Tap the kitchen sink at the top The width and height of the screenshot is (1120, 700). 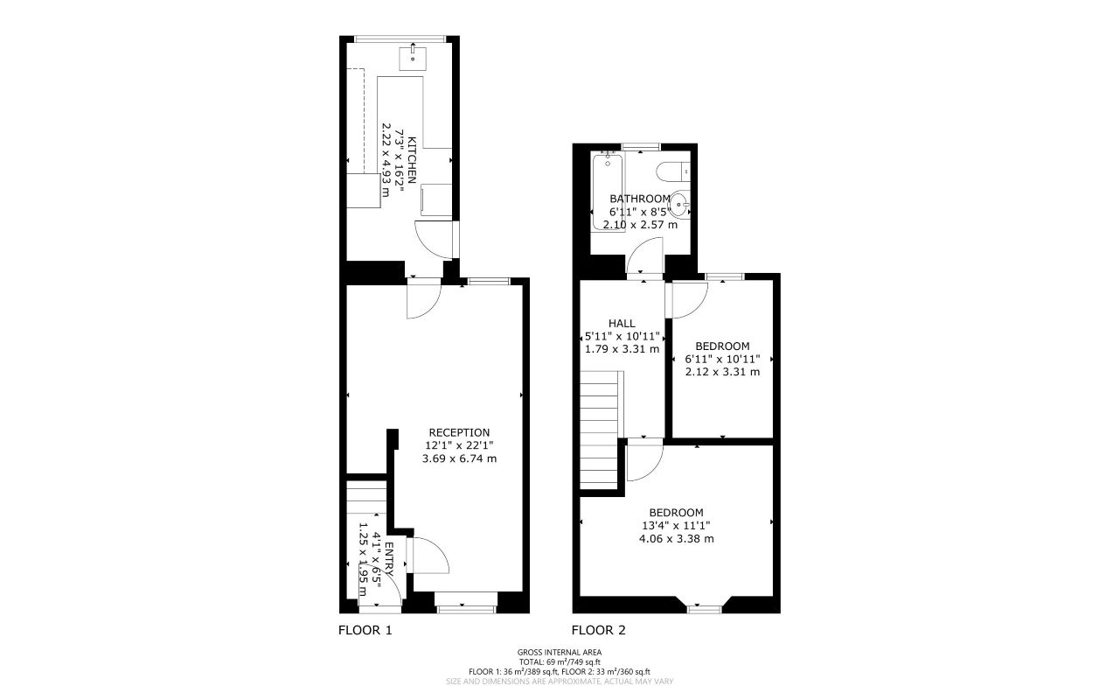[x=412, y=58]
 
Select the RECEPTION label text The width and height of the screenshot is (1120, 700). [x=459, y=432]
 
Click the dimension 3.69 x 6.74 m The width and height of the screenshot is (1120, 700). [x=459, y=458]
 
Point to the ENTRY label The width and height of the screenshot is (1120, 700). [x=390, y=560]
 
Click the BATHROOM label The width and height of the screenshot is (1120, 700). [x=640, y=199]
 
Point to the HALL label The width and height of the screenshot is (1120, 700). [x=622, y=323]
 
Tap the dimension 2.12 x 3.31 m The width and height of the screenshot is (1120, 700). [x=722, y=371]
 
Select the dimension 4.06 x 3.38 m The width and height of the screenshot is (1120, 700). [x=676, y=539]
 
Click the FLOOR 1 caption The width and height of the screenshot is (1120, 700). [x=365, y=630]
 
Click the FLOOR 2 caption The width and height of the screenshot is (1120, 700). [x=599, y=630]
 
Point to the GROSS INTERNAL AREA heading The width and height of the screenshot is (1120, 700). [x=560, y=652]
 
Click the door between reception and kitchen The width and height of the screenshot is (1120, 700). [x=423, y=298]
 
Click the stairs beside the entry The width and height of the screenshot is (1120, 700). [x=365, y=499]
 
